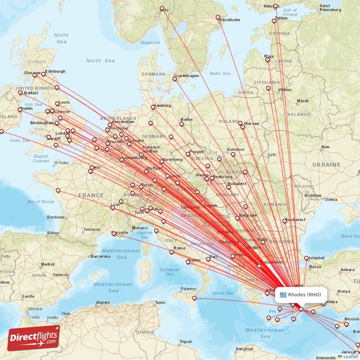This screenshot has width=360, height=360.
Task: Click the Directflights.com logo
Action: click(34, 337)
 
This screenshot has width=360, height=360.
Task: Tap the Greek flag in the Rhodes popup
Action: click(283, 295)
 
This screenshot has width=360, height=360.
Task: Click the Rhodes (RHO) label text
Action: click(305, 295)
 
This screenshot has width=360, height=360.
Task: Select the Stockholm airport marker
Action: click(218, 18)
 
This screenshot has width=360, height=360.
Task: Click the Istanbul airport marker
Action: click(306, 258)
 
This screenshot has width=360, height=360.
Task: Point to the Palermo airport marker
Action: click(194, 298)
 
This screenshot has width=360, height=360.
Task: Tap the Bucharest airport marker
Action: click(284, 220)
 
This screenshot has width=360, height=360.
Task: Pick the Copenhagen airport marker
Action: click(175, 79)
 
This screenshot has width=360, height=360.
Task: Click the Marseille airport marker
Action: click(113, 233)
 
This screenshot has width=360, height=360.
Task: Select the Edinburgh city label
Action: click(55, 71)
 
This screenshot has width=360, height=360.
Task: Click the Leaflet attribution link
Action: click(350, 356)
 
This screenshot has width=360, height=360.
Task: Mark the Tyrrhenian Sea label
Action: click(169, 271)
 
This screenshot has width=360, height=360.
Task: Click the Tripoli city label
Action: click(185, 342)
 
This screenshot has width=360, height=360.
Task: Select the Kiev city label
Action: click(325, 147)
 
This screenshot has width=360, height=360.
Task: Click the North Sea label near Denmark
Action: click(101, 61)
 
